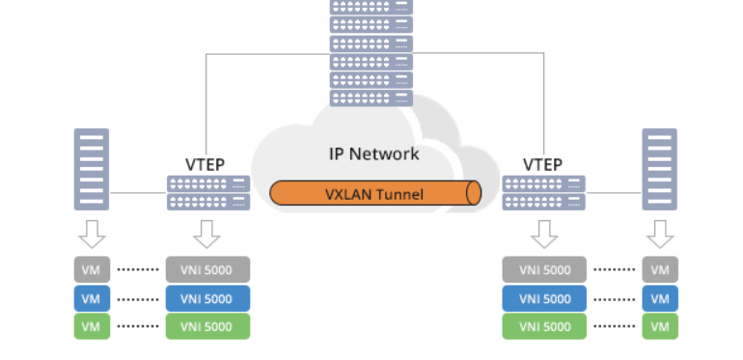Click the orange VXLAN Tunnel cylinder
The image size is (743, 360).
374,193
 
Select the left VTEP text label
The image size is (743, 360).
205,165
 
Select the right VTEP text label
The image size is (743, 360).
542,165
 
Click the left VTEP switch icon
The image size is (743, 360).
207,192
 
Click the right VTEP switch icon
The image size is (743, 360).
543,192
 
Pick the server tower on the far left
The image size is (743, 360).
92,169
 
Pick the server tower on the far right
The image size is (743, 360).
659,169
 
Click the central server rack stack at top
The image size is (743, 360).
371,52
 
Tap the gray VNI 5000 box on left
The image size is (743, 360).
207,269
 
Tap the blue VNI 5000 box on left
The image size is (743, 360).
207,298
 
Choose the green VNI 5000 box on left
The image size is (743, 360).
207,326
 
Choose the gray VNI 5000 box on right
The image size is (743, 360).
543,269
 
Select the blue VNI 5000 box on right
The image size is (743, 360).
543,298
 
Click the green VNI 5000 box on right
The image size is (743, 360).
543,326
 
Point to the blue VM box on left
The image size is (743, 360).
91,298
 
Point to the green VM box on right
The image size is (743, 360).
659,326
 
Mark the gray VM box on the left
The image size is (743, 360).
91,269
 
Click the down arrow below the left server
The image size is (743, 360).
92,234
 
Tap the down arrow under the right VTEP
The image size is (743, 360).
544,234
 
